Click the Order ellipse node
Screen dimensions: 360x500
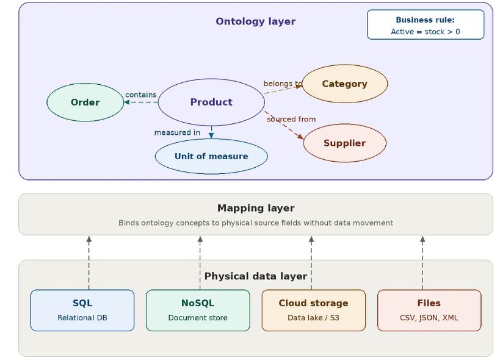click(x=85, y=103)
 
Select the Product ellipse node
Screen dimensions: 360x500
click(x=211, y=103)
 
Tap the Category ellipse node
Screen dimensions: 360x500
click(x=345, y=84)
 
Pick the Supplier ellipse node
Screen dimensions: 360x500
click(x=345, y=143)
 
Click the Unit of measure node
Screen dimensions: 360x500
click(x=211, y=156)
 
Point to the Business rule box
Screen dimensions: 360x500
click(x=426, y=25)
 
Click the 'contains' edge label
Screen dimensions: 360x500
click(x=141, y=95)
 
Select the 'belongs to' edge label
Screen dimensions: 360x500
click(x=283, y=84)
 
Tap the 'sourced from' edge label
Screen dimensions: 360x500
click(x=291, y=119)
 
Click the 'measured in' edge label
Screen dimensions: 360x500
click(x=177, y=132)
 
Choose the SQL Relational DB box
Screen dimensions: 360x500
click(x=82, y=310)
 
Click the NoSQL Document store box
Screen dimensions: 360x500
click(x=198, y=310)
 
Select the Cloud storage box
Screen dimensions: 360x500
click(x=314, y=310)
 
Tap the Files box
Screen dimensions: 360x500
click(x=429, y=310)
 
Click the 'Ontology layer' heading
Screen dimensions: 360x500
click(x=256, y=21)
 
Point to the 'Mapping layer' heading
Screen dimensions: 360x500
click(x=256, y=208)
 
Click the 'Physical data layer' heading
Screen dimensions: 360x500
click(x=256, y=276)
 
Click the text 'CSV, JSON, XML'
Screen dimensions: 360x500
click(x=429, y=318)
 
